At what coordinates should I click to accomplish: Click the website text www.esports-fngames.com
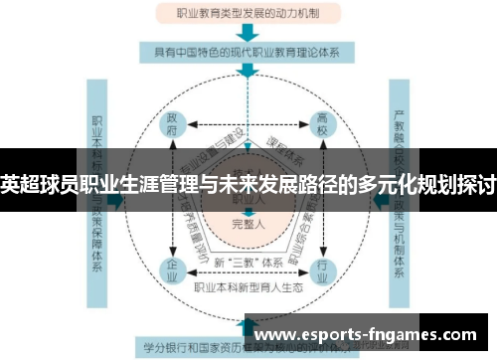(369, 335)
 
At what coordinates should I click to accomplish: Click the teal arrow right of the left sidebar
(119, 199)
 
